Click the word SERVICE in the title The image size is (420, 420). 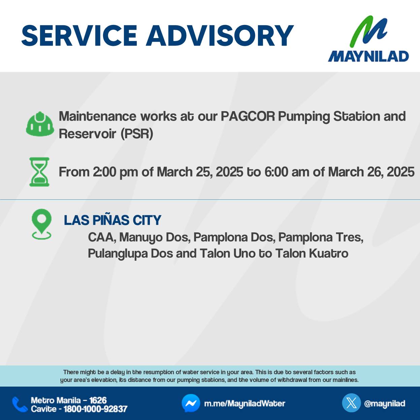click(79, 35)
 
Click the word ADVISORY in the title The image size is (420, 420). click(220, 35)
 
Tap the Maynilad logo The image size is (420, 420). click(368, 39)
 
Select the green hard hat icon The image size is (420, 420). click(40, 124)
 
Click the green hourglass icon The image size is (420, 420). click(39, 172)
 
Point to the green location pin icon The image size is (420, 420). click(42, 224)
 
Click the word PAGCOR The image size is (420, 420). click(248, 117)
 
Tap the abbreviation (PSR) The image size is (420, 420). click(137, 134)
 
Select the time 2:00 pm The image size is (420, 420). click(115, 172)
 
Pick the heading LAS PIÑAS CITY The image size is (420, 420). click(112, 220)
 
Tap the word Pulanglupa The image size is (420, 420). click(118, 254)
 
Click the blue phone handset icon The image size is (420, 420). click(20, 405)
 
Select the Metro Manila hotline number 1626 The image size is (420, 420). click(98, 400)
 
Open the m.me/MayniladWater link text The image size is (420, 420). click(245, 403)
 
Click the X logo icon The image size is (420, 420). click(351, 403)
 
